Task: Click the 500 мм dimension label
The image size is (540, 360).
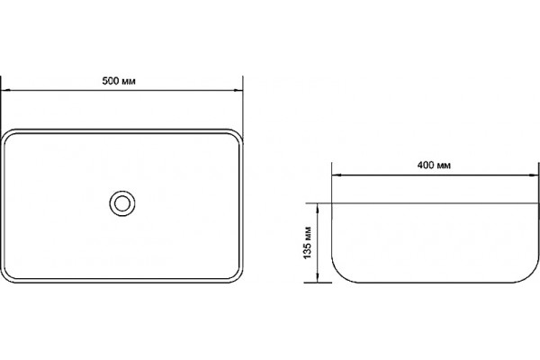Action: click(x=119, y=81)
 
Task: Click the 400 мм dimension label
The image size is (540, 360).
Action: click(x=434, y=166)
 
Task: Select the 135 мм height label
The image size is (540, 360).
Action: click(x=308, y=243)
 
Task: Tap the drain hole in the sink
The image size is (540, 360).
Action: click(x=122, y=203)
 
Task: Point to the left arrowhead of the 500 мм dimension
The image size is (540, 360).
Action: click(x=5, y=90)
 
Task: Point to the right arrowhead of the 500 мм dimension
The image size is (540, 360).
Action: click(x=238, y=90)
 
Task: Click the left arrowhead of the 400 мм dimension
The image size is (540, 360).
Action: click(x=337, y=175)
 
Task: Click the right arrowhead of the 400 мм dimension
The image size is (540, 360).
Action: click(x=534, y=175)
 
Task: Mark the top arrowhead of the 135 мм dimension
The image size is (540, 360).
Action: click(x=318, y=208)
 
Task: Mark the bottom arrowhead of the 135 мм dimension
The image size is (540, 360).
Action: click(x=318, y=278)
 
